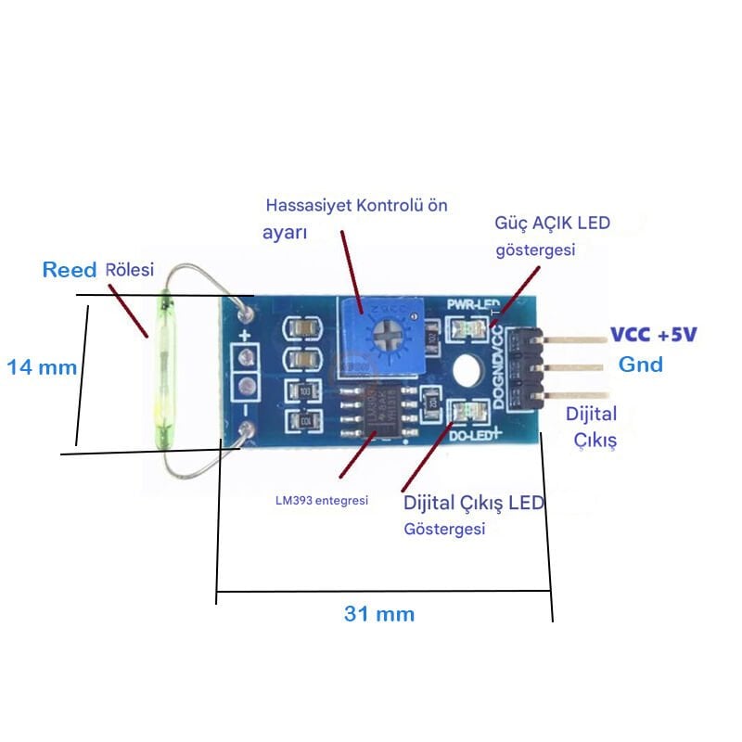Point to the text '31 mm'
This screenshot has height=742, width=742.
point(379,613)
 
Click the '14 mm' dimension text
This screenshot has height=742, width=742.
point(41,367)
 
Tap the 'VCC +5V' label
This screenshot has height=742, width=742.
point(652,335)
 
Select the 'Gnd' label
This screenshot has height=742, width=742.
point(641,365)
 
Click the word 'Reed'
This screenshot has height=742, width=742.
point(70,270)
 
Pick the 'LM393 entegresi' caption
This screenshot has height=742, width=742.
point(322,500)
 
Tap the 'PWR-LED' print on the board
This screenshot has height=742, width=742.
point(473,304)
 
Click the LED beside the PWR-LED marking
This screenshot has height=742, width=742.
point(465,327)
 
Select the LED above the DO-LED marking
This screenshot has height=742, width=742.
point(467,410)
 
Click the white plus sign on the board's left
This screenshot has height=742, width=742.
point(245,336)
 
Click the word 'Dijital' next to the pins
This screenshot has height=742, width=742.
point(591,414)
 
